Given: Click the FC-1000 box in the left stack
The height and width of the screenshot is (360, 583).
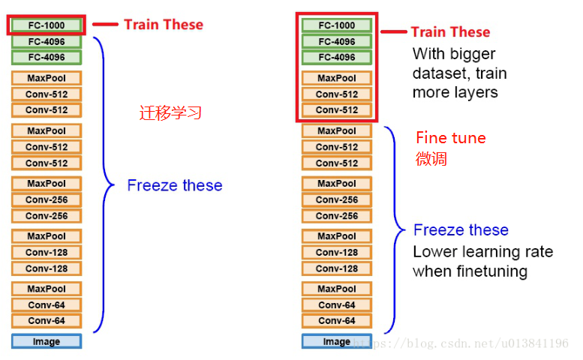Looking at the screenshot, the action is coord(46,25).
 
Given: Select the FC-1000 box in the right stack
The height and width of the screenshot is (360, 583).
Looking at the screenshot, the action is coord(336,25).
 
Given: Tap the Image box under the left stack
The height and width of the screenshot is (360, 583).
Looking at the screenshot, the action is coord(46,341).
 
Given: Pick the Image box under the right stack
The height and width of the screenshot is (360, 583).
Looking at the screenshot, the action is coord(336,341).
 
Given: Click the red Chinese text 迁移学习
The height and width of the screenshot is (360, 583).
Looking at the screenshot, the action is coord(170,114).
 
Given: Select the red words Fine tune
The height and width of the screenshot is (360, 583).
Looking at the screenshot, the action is coord(450,138).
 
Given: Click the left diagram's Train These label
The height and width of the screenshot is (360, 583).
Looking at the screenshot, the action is coord(164,25).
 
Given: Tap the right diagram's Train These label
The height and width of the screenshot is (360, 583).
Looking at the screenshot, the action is coord(450,32).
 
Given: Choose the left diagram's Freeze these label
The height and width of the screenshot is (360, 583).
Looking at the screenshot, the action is coord(175,185).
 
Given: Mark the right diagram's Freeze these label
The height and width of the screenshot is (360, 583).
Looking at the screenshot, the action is coord(461,230).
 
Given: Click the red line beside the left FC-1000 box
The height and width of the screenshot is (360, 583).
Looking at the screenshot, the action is coord(105,25).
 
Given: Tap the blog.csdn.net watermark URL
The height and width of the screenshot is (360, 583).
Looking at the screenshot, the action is coord(461,343).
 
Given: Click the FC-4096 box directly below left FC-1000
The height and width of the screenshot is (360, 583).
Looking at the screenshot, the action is coord(46,41).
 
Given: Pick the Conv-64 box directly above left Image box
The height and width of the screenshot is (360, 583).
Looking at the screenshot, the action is coord(46,321).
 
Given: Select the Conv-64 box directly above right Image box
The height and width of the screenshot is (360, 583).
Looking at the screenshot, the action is coord(336,321).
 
